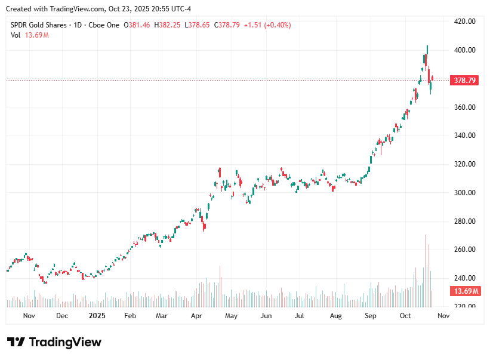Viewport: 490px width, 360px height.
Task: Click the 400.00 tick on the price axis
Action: coord(463,50)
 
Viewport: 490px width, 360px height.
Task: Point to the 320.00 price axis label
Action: coord(463,164)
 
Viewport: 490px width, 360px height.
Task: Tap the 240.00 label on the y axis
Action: coord(463,278)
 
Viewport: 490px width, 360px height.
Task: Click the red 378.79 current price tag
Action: coord(465,80)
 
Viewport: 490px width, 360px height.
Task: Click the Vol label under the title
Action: coord(16,35)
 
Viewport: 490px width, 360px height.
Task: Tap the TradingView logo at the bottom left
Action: coord(54,342)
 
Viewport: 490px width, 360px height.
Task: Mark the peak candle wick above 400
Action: coord(427,47)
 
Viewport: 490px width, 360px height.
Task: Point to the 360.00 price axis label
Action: coord(463,107)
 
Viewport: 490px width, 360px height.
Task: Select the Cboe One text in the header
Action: coord(104,25)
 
